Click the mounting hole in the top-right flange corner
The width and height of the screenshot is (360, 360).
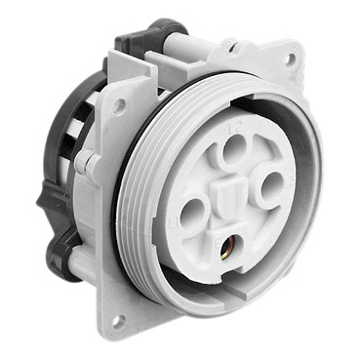[x=289, y=60]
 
